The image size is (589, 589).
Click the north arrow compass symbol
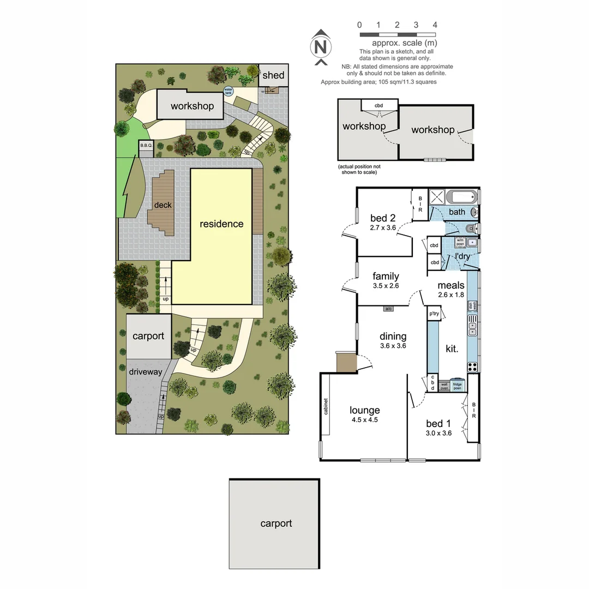coord(321,47)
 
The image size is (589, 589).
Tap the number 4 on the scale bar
coord(435,25)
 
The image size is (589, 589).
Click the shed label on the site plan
coord(273,75)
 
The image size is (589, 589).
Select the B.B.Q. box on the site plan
coord(146,146)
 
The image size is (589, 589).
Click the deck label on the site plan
coord(163,205)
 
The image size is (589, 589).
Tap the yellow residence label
coord(221,224)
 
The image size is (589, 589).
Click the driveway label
coord(146,371)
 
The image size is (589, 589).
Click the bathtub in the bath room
coord(462,197)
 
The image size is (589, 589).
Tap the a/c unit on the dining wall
coord(388,309)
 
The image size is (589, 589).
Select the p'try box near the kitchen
coord(434,314)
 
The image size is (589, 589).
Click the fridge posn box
coord(458,384)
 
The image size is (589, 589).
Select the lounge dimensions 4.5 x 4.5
coord(365,420)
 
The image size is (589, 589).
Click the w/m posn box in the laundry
coord(460,242)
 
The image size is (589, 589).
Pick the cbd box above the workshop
coord(378,105)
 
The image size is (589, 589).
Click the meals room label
coord(451,285)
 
